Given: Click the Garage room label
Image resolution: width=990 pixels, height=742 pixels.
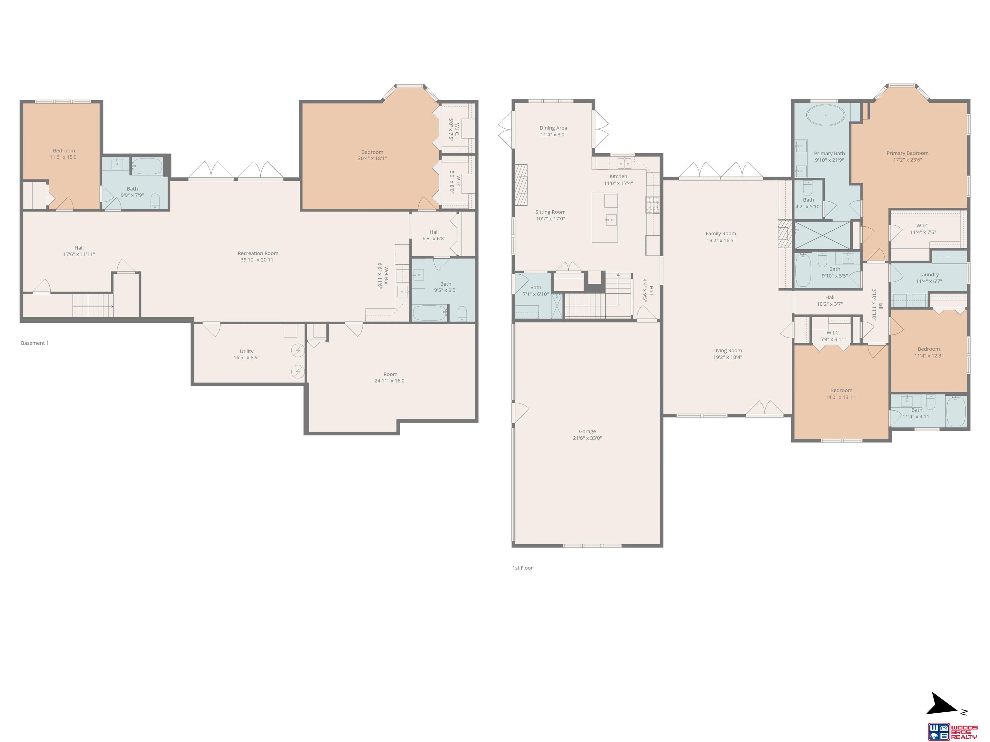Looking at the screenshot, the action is [587, 432].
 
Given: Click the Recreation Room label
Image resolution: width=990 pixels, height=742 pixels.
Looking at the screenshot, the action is [258, 253].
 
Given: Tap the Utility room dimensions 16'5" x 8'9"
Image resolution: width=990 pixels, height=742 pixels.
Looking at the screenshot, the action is [247, 358].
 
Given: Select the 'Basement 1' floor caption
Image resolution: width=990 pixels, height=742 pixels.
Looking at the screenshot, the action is [35, 343].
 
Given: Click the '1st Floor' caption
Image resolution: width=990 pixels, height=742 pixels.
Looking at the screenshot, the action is [522, 568].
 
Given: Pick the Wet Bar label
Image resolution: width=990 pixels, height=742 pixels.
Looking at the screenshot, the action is [386, 276].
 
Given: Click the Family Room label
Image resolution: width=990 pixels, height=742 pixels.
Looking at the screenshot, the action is [721, 233].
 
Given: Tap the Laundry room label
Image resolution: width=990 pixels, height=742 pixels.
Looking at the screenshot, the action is [929, 275].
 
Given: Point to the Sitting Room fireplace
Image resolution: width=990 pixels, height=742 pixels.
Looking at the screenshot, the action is [521, 185].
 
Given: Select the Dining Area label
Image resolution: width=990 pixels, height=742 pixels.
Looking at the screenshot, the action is [553, 128].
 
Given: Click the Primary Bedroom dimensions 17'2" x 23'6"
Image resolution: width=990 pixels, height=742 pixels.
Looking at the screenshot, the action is [907, 160].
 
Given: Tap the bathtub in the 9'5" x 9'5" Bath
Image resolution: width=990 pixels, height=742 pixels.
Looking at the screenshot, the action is [430, 313].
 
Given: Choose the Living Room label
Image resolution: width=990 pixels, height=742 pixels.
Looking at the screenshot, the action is [727, 351].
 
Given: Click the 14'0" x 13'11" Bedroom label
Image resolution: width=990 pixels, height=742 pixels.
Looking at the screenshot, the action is [841, 390].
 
